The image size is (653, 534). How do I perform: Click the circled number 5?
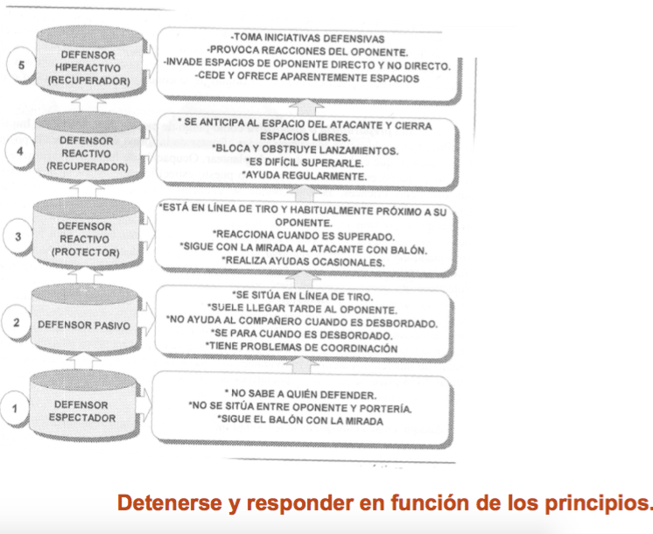(21, 66)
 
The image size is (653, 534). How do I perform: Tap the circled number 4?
(19, 151)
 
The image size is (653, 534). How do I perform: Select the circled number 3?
(18, 236)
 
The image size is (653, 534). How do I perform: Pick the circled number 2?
(17, 322)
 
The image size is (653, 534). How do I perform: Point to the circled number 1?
(15, 409)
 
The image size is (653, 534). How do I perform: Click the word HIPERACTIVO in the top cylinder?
(88, 67)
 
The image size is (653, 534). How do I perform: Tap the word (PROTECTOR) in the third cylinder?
(86, 252)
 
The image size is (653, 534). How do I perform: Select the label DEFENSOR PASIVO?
(84, 325)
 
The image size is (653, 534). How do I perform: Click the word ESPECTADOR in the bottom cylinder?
(82, 418)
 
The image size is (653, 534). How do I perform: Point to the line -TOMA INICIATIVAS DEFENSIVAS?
(308, 39)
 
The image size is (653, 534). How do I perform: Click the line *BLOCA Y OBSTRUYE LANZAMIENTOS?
(305, 150)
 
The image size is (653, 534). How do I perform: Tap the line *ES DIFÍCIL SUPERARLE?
(304, 163)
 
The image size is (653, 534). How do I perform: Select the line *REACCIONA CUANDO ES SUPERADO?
(303, 235)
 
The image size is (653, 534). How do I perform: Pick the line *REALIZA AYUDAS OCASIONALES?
(303, 261)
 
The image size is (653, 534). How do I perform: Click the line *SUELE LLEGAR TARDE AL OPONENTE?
(302, 309)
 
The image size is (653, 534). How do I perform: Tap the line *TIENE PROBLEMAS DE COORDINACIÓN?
(301, 347)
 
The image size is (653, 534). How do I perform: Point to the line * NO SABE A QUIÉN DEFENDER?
(300, 394)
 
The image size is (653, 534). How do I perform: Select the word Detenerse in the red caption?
(170, 502)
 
